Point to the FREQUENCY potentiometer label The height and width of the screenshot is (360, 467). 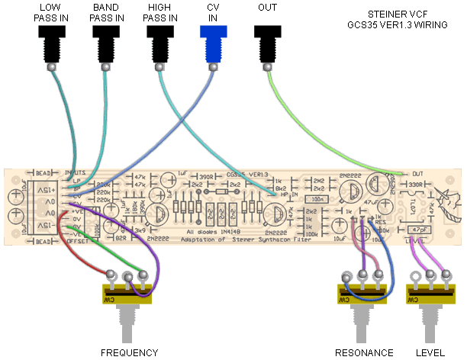tap(129, 352)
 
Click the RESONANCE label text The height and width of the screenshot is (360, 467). tap(364, 352)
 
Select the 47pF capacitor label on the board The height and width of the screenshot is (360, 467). tap(419, 229)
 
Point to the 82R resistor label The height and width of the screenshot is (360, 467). tap(121, 238)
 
